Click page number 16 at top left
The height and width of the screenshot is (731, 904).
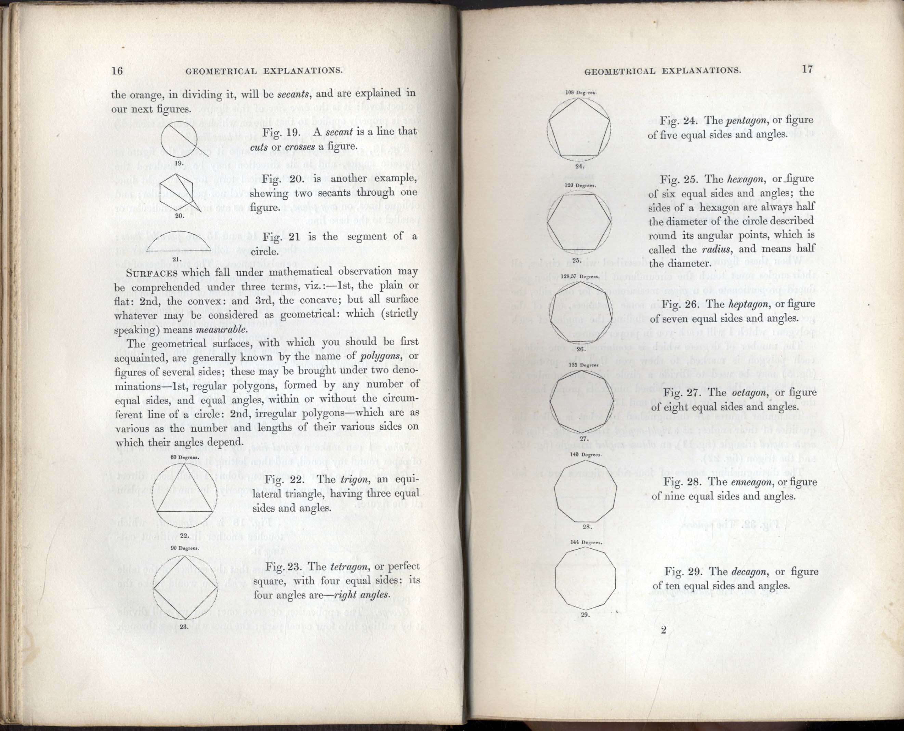117,70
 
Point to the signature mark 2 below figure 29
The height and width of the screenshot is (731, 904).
664,630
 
